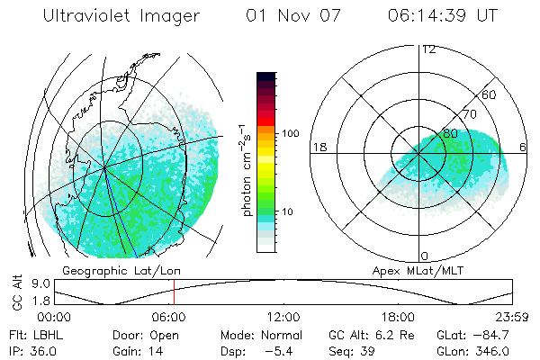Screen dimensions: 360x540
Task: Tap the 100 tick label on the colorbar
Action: (290, 133)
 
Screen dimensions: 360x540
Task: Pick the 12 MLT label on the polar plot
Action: (428, 49)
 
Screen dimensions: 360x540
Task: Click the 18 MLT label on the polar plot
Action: (319, 147)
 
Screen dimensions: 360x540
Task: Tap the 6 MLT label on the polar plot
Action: (524, 147)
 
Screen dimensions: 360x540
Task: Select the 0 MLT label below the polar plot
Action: (425, 256)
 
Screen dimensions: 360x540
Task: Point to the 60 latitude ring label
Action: (490, 94)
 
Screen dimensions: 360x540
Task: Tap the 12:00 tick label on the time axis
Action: (283, 318)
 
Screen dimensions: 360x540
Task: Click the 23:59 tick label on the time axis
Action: (512, 318)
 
